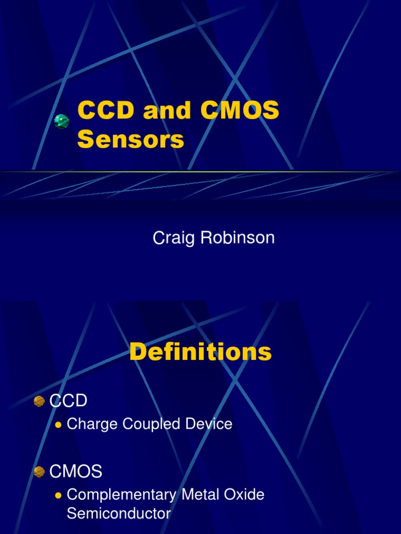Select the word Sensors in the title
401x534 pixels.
pyautogui.click(x=131, y=139)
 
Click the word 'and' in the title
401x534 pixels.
pyautogui.click(x=159, y=111)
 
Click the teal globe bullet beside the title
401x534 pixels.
pyautogui.click(x=62, y=122)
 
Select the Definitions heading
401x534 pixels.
pyautogui.click(x=200, y=353)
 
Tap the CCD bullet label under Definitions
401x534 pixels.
pyautogui.click(x=68, y=401)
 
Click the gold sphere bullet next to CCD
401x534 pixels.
pyautogui.click(x=39, y=401)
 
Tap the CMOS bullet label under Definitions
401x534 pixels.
pyautogui.click(x=76, y=472)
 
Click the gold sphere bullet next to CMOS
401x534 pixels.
pyautogui.click(x=39, y=472)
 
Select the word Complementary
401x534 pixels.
pyautogui.click(x=122, y=495)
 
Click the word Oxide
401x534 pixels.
pyautogui.click(x=244, y=495)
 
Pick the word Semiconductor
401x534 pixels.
pyautogui.click(x=119, y=514)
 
